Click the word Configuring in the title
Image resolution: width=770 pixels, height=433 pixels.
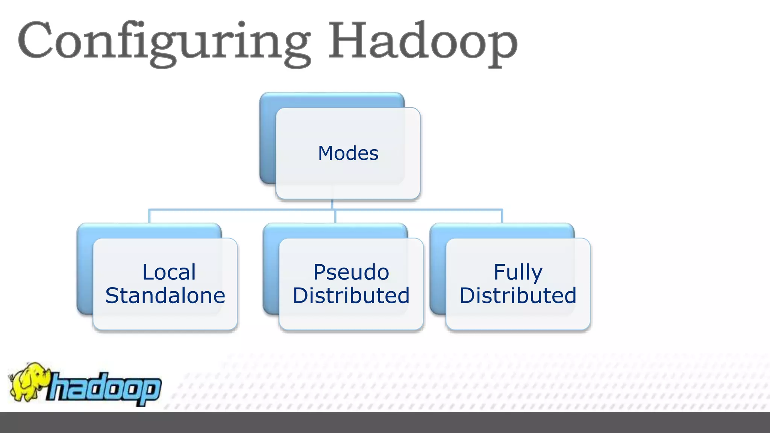[164, 41]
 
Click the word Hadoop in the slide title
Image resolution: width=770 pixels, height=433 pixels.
[423, 41]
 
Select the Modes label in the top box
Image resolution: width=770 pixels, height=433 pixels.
[348, 153]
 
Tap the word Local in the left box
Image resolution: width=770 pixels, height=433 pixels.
[169, 272]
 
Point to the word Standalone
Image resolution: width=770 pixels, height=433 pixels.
[165, 295]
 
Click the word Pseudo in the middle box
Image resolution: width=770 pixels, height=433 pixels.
[351, 272]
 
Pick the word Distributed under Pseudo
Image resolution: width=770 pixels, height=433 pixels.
[351, 295]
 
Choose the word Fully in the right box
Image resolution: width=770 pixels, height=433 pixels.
[518, 272]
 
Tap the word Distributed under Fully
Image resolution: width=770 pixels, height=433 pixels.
[518, 295]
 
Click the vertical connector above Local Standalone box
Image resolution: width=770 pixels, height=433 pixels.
[149, 216]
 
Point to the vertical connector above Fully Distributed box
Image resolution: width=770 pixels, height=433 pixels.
[502, 216]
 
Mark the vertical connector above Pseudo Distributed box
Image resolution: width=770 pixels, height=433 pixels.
[335, 216]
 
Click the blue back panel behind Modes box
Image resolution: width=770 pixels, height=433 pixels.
[267, 139]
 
